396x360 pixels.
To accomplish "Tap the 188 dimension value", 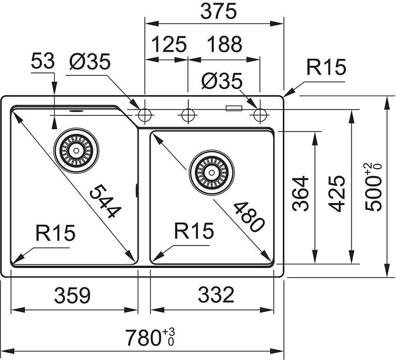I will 224,45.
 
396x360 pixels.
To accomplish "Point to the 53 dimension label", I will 43,62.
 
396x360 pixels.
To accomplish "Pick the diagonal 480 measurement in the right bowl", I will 249,216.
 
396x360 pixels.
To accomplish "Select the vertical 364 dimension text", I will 301,193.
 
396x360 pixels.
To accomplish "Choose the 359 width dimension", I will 72,295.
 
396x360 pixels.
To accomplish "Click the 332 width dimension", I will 216,295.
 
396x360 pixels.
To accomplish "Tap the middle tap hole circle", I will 187,114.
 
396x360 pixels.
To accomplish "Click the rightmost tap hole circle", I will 260,114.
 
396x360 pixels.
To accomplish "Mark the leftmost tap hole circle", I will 145,114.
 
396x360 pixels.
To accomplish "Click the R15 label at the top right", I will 326,68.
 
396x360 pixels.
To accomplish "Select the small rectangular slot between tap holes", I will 234,108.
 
